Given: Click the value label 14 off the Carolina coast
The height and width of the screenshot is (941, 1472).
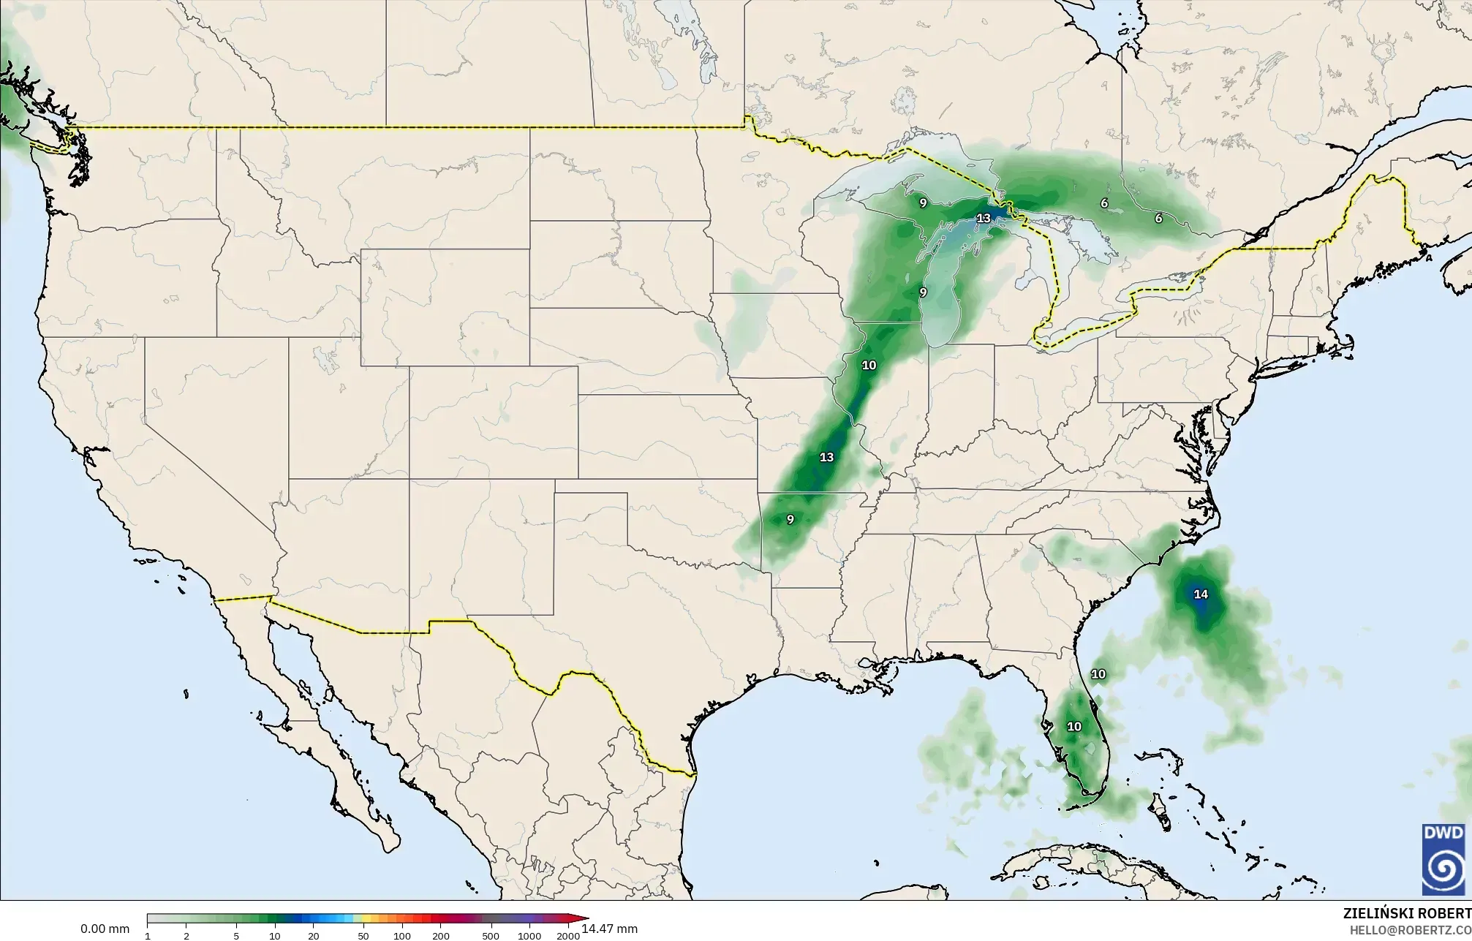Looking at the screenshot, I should (1201, 594).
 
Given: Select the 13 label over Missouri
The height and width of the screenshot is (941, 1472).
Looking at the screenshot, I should (826, 457).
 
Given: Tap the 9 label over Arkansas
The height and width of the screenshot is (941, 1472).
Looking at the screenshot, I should (790, 519).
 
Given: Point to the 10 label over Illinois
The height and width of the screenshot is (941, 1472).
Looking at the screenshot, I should (869, 365).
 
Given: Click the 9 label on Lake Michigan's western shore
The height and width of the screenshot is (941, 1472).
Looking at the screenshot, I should (923, 292).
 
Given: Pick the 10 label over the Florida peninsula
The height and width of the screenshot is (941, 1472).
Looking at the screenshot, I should (1073, 726).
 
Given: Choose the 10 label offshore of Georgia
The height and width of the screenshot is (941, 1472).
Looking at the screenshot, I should (1098, 674).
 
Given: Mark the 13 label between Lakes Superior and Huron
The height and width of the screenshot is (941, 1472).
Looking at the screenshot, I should (984, 218).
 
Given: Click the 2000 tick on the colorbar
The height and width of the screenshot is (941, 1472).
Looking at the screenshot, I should (568, 936).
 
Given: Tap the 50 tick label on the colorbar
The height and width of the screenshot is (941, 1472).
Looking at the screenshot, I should (363, 936).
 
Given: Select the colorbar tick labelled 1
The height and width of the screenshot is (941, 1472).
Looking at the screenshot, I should (148, 936).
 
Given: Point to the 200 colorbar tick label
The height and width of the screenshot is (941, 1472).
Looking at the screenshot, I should (441, 936).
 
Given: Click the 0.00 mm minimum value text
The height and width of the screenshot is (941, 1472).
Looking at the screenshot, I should (105, 929).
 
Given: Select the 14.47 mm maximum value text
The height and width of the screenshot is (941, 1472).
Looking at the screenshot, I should (610, 929).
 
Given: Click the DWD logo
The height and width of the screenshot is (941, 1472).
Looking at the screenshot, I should (1443, 858).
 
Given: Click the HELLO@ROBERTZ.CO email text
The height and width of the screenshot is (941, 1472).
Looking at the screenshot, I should (1410, 929).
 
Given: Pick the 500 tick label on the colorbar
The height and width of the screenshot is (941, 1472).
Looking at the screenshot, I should (491, 936).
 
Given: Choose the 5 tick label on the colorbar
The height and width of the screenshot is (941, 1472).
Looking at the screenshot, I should (236, 936).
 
